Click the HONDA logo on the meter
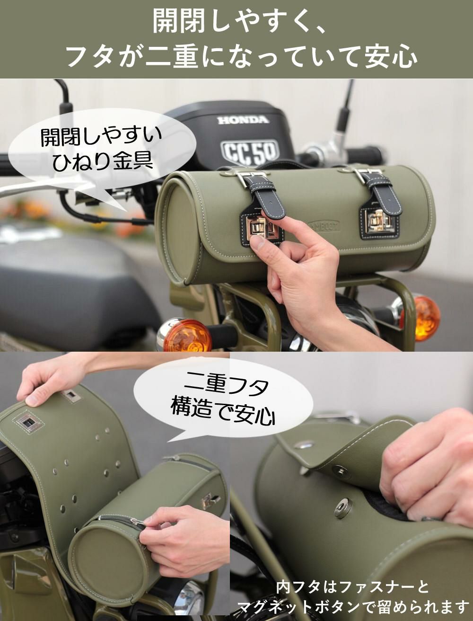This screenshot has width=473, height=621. point(243,120)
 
